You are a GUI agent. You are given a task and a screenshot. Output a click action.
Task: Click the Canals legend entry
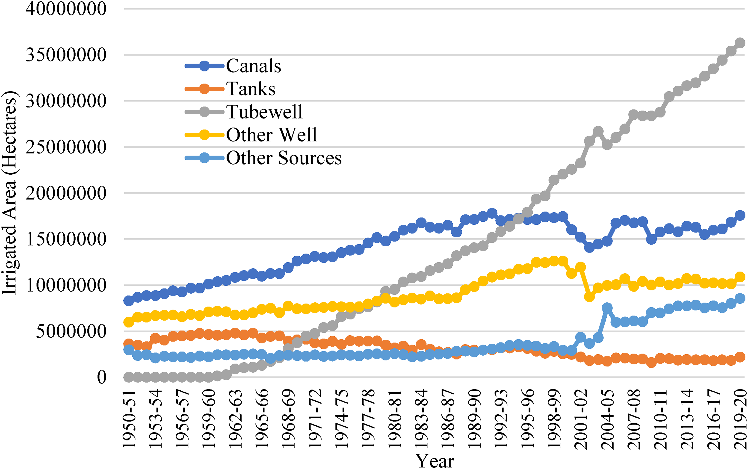[x=233, y=66]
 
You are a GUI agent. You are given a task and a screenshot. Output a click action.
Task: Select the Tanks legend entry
[x=230, y=89]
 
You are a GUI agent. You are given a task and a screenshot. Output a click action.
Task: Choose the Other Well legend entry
[x=251, y=135]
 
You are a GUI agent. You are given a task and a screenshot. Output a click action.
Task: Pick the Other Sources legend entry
[x=263, y=158]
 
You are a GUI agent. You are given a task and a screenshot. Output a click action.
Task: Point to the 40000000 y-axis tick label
[x=66, y=9]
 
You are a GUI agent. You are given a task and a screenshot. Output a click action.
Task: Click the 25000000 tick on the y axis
[x=66, y=147]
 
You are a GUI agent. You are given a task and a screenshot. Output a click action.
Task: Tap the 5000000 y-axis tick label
[x=71, y=331]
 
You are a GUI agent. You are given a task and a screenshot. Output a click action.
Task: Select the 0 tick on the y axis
[x=102, y=377]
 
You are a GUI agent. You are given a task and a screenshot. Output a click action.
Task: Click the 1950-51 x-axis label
[x=129, y=419]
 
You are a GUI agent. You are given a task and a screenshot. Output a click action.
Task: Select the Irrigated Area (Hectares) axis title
[x=10, y=193]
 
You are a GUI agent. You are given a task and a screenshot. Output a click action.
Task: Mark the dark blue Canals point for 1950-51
[x=129, y=301]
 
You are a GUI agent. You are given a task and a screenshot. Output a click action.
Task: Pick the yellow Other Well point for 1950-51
[x=129, y=322]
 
